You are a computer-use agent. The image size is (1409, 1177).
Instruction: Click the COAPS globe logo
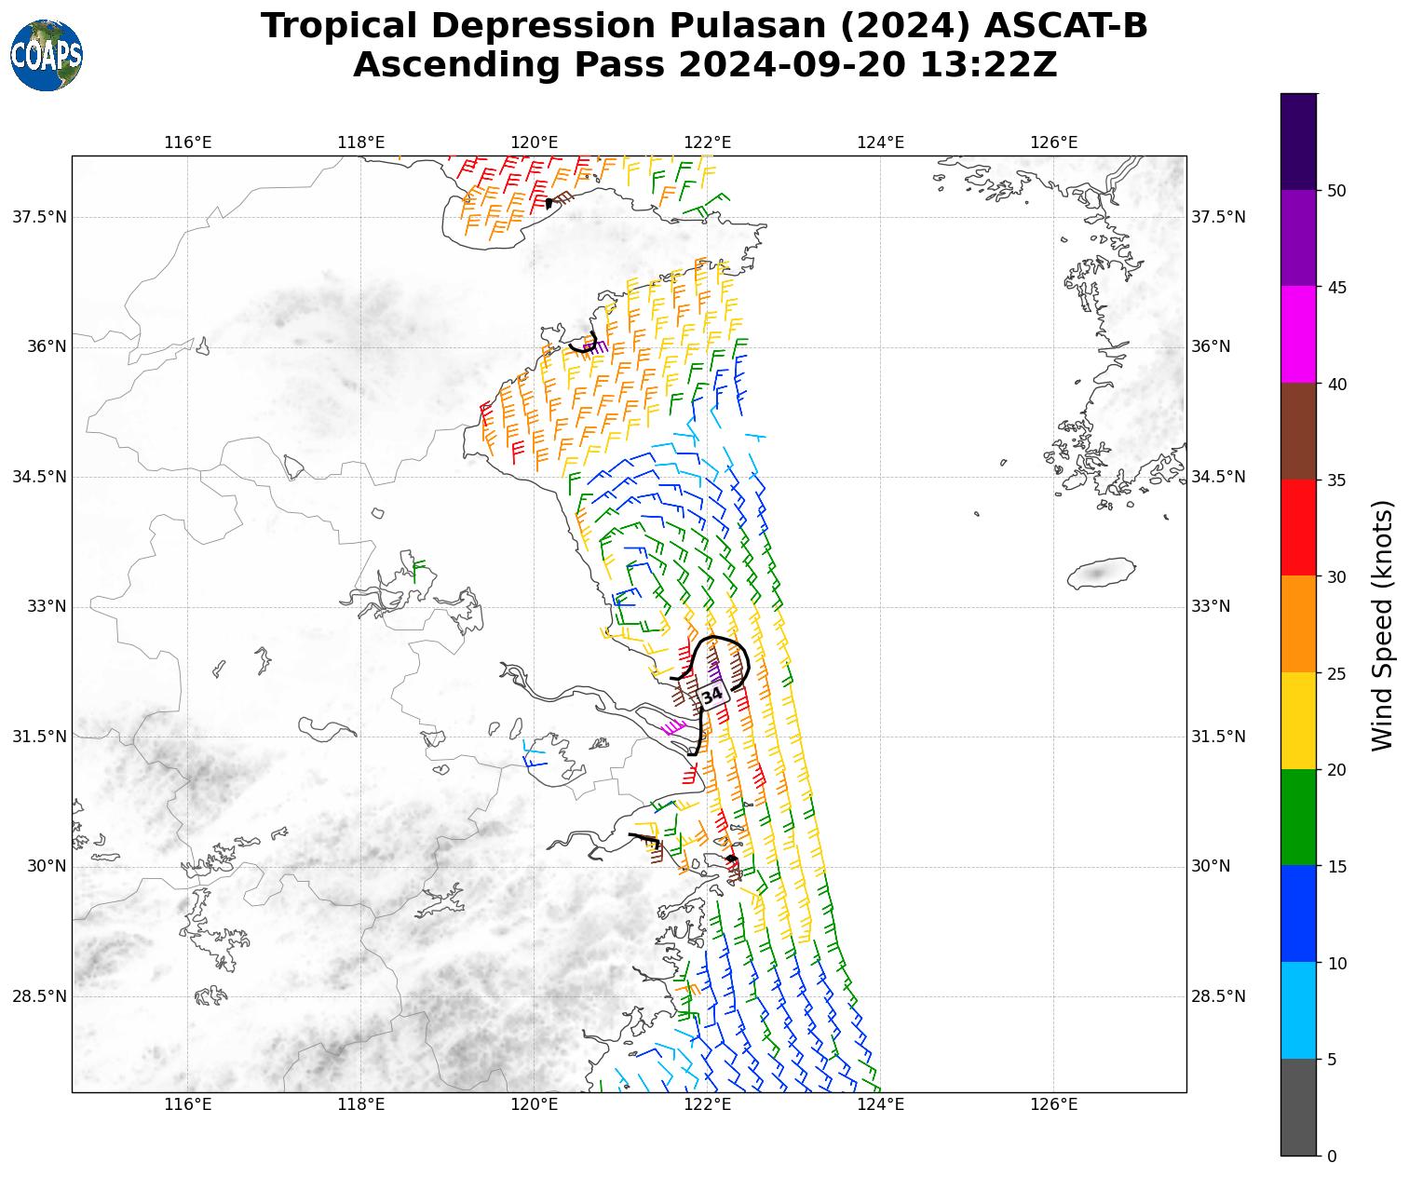click(x=47, y=56)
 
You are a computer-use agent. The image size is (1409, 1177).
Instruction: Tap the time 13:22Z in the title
click(x=988, y=65)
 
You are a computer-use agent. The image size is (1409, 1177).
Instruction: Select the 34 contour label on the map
click(x=712, y=696)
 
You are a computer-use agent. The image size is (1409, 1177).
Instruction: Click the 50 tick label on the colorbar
click(x=1336, y=191)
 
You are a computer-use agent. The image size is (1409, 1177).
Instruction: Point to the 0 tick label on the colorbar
click(x=1332, y=1157)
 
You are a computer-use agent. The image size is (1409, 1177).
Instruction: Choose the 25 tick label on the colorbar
click(x=1336, y=673)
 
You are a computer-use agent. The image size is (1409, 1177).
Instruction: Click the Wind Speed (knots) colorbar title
click(x=1384, y=625)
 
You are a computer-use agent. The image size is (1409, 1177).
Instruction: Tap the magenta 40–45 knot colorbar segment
click(x=1298, y=334)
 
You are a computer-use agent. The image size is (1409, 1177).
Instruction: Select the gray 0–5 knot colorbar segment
click(x=1298, y=1107)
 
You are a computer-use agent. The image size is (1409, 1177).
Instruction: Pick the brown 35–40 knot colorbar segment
click(x=1298, y=431)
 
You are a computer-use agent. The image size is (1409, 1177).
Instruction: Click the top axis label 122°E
click(x=707, y=142)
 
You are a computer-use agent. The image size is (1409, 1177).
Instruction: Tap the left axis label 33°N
click(x=39, y=606)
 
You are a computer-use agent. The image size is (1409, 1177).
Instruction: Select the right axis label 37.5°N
click(x=1218, y=217)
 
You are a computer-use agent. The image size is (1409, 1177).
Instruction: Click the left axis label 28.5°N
click(x=39, y=996)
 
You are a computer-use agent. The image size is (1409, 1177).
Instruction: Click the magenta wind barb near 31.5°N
click(x=672, y=728)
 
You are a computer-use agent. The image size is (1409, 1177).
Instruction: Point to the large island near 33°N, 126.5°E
click(x=1100, y=573)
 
